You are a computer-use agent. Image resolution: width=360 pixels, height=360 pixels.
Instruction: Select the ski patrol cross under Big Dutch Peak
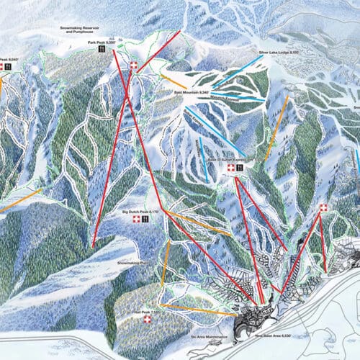(135, 220)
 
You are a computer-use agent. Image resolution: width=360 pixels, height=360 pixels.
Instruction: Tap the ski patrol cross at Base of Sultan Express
(230, 168)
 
